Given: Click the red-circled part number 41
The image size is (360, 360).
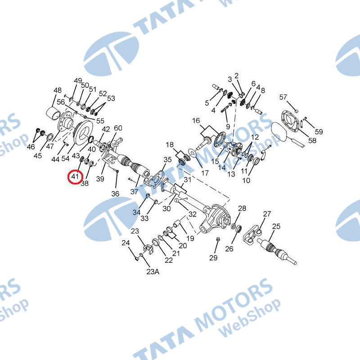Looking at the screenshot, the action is click(x=75, y=176).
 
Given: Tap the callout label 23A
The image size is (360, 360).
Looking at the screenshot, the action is click(x=153, y=272).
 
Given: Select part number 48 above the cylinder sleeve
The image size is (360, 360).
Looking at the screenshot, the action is click(x=58, y=90).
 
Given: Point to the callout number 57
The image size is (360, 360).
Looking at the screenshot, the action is click(x=283, y=97).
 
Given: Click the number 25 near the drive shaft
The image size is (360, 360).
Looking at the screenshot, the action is click(x=276, y=226).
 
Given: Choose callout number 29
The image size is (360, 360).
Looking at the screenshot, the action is click(x=213, y=257).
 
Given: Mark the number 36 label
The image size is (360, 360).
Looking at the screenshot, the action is click(x=115, y=194).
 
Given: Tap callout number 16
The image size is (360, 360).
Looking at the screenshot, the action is click(x=196, y=121).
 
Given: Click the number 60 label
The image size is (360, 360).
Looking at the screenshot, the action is click(x=118, y=128).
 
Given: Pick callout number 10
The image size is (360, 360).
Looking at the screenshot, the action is click(x=246, y=180).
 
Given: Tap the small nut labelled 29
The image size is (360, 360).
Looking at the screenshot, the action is click(x=218, y=239).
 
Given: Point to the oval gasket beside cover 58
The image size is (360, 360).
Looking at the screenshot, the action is click(x=279, y=131).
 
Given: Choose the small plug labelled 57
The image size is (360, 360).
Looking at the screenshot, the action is click(x=296, y=111).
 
